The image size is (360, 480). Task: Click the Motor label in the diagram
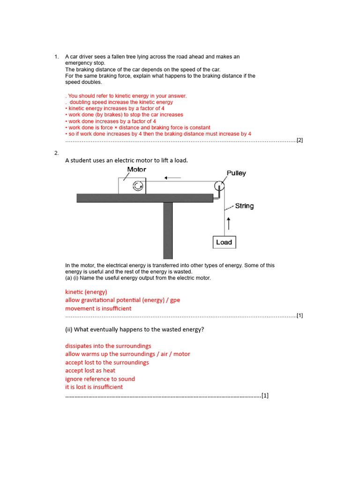click(136, 170)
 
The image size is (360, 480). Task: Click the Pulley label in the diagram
click(236, 173)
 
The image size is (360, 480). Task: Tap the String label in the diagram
click(244, 206)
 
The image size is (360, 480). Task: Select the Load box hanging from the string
click(224, 242)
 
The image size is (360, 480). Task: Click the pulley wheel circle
click(220, 187)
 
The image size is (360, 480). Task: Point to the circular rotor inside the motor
click(138, 187)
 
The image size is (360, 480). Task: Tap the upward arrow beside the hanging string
click(228, 223)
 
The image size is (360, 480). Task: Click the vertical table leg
click(168, 230)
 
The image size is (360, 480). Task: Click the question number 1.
click(56, 57)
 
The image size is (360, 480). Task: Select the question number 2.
click(56, 153)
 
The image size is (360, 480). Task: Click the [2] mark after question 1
click(300, 140)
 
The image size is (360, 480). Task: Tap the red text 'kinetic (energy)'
click(86, 292)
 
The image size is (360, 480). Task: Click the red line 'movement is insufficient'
click(98, 308)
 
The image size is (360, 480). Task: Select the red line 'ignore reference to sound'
click(100, 379)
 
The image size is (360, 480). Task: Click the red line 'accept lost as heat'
click(90, 370)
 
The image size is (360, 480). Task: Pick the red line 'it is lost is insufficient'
click(94, 387)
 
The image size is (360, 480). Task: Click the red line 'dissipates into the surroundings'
click(108, 346)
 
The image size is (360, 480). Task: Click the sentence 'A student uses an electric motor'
click(126, 160)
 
